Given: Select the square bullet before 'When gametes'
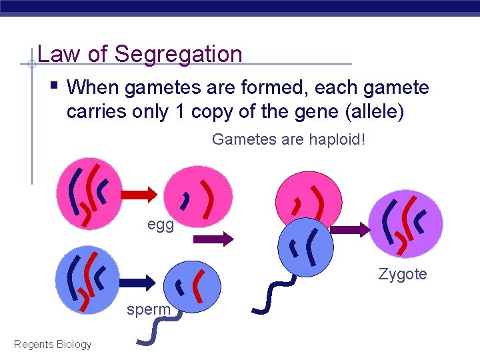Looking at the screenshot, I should pos(54,86).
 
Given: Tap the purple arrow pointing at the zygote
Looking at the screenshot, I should pos(350,230).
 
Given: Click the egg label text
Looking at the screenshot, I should pos(161,225).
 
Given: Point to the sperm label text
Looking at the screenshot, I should pos(149,310).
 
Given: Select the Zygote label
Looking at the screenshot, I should pos(403,274).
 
